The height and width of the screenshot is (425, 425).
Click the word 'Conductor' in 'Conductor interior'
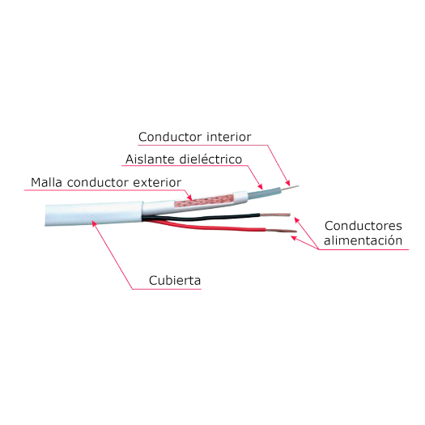click(165, 136)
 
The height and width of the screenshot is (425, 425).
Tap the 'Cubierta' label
click(175, 281)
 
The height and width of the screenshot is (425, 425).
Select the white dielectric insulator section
click(267, 193)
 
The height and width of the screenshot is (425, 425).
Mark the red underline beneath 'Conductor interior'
click(194, 144)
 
